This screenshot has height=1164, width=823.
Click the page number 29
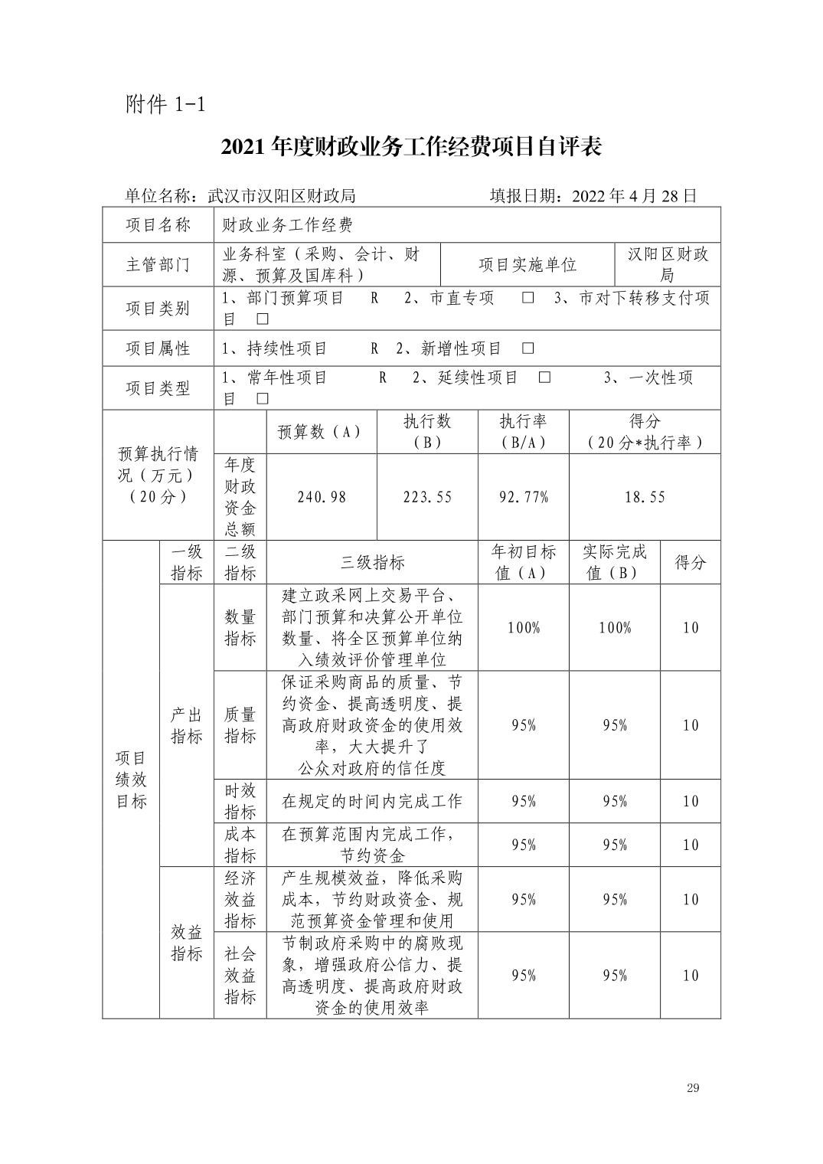693,1088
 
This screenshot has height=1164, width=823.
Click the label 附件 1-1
165,105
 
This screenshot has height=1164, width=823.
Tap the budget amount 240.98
322,497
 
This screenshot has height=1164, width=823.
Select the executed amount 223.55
427,497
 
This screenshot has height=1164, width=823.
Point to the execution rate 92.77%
524,497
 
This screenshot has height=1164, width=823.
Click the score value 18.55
645,497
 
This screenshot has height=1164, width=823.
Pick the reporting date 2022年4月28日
593,196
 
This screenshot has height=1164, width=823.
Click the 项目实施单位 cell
527,265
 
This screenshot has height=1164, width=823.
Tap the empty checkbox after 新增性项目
527,348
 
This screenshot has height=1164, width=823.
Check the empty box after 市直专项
527,298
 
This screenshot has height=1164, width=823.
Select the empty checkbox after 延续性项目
544,378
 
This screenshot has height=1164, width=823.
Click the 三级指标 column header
372,563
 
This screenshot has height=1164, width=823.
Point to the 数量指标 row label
240,628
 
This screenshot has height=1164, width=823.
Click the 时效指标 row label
240,801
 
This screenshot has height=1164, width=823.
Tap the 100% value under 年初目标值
524,628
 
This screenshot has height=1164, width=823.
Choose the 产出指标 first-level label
186,725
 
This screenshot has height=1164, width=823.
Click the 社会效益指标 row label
240,975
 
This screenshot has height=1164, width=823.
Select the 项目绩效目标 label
131,780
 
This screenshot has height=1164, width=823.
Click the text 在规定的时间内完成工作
372,801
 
